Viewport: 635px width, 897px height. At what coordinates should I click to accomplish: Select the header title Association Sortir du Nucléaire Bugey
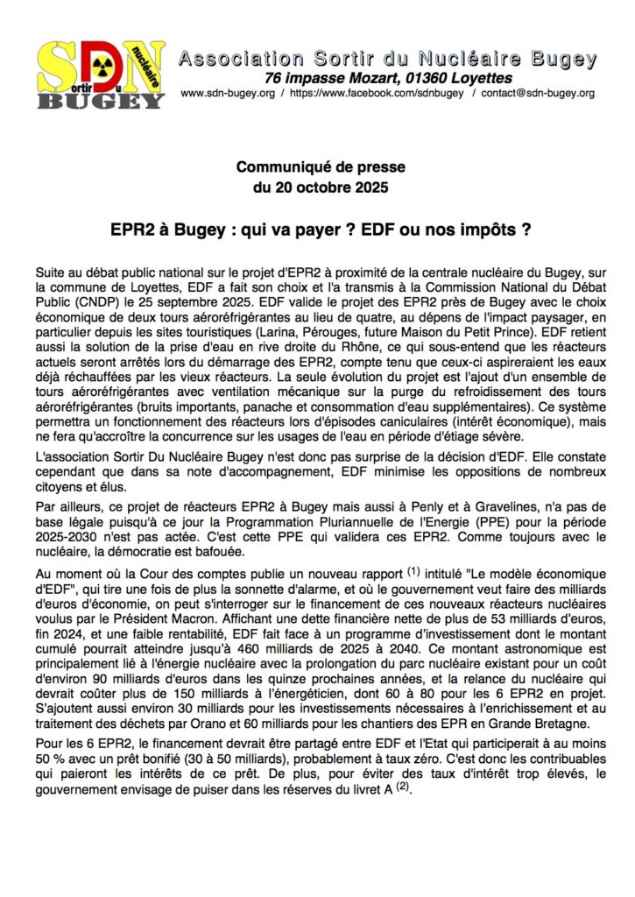[x=388, y=60]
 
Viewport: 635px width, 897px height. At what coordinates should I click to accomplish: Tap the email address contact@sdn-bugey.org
[x=537, y=93]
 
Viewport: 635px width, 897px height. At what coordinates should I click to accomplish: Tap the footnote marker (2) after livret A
[x=401, y=787]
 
